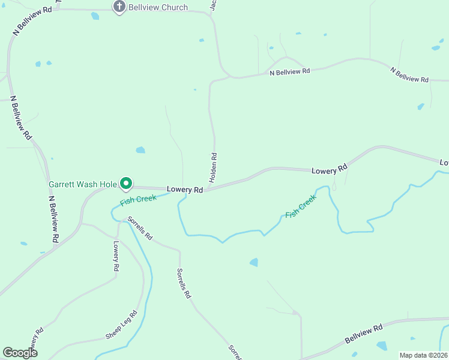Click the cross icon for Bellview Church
click(x=119, y=7)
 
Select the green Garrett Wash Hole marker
click(x=126, y=183)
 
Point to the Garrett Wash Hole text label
click(x=83, y=184)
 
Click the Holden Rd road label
click(x=213, y=167)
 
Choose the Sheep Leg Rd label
click(x=122, y=325)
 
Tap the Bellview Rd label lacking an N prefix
click(x=364, y=334)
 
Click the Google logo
click(x=20, y=352)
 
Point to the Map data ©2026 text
click(x=423, y=355)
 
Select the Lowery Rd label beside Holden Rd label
click(x=185, y=189)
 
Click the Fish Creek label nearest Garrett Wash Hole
click(x=139, y=200)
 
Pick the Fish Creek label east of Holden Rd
click(x=300, y=208)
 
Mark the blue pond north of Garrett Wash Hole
click(x=140, y=150)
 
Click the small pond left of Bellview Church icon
click(x=95, y=16)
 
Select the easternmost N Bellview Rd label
click(x=409, y=75)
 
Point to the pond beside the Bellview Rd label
click(x=382, y=346)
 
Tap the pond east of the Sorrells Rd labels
click(x=254, y=262)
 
